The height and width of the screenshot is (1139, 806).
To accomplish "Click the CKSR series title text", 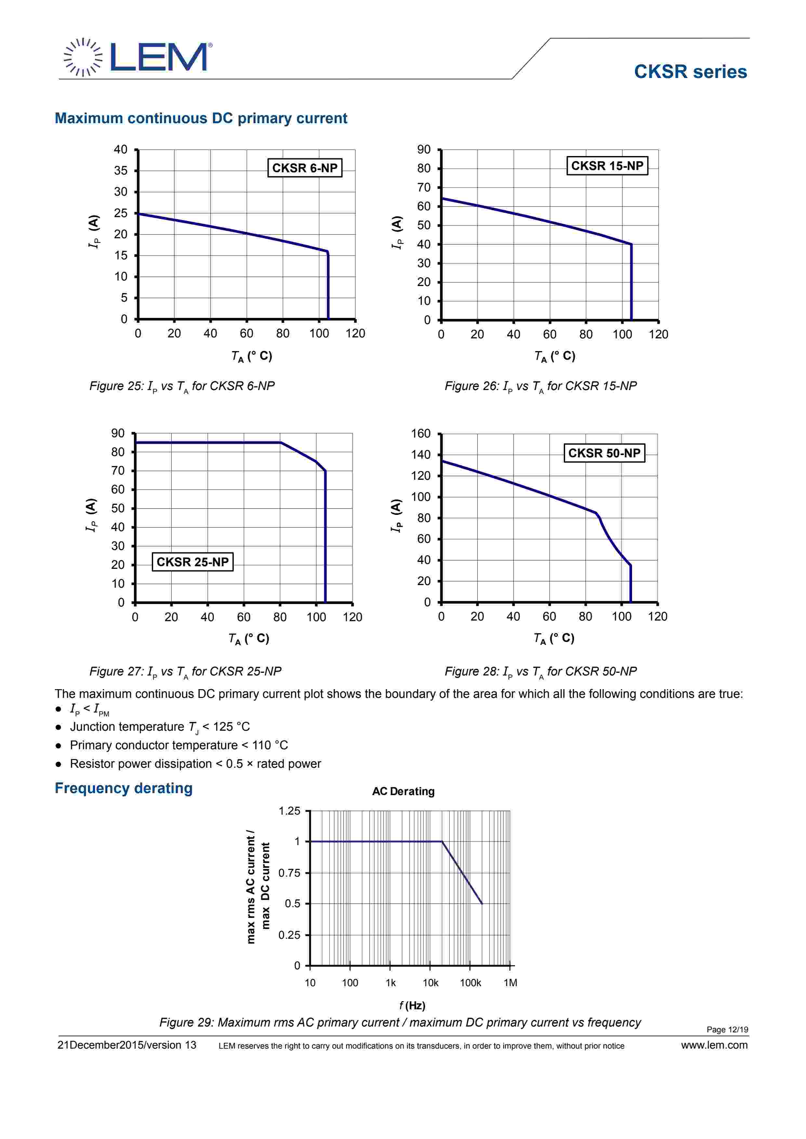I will coord(690,72).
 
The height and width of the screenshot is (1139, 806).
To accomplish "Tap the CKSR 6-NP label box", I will coord(304,168).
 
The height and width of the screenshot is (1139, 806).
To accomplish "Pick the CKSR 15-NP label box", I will coord(606,166).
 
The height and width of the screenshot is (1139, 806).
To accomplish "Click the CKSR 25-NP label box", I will coord(192,562).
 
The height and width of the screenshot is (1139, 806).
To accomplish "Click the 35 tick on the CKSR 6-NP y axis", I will coord(121,171).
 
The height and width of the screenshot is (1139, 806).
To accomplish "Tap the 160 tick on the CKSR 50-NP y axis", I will coord(421,434).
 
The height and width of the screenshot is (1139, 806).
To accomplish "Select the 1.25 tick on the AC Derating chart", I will coord(289,811).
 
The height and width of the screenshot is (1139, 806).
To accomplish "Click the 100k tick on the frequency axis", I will coord(470,983).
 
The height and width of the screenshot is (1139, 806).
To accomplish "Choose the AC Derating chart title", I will coord(403,791).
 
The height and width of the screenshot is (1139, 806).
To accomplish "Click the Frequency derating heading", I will coord(124,788).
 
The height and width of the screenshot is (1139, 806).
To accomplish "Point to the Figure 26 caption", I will coord(540,386).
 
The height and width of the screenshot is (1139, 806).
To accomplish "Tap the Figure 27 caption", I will coord(185,671).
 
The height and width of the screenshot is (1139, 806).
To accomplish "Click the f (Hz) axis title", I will coord(412,1005).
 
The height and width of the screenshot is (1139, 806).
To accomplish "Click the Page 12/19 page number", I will coord(727,1029).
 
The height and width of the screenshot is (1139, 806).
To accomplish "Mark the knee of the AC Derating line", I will coord(442,841).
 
